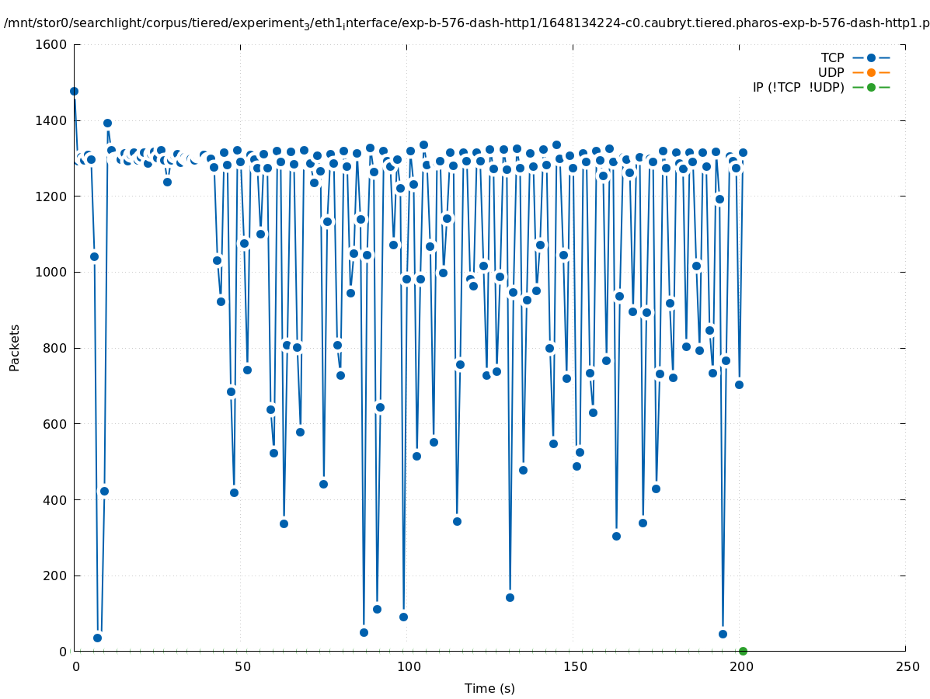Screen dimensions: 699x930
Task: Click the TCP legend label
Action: (x=831, y=57)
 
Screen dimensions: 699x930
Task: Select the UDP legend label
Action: (x=831, y=72)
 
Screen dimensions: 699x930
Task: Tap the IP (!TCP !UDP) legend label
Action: (x=798, y=87)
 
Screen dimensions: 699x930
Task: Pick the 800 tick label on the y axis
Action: (x=54, y=348)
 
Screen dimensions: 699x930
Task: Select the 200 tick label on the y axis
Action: (x=54, y=576)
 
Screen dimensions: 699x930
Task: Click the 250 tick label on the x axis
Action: (x=906, y=667)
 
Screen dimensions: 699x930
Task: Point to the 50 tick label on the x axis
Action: (x=242, y=667)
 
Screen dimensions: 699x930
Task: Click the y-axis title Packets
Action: (x=15, y=347)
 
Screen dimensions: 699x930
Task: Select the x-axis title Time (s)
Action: (x=489, y=688)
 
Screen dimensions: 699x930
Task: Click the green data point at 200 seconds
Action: (x=743, y=651)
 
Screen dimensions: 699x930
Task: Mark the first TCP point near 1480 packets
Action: (x=74, y=91)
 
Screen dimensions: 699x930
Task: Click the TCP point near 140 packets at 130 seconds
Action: (x=510, y=597)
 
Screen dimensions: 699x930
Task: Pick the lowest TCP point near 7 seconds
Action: (x=97, y=638)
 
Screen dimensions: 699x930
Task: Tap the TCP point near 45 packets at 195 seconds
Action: (x=723, y=634)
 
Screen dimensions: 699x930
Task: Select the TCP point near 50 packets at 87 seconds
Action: (x=364, y=632)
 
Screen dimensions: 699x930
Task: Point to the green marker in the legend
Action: (x=871, y=87)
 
